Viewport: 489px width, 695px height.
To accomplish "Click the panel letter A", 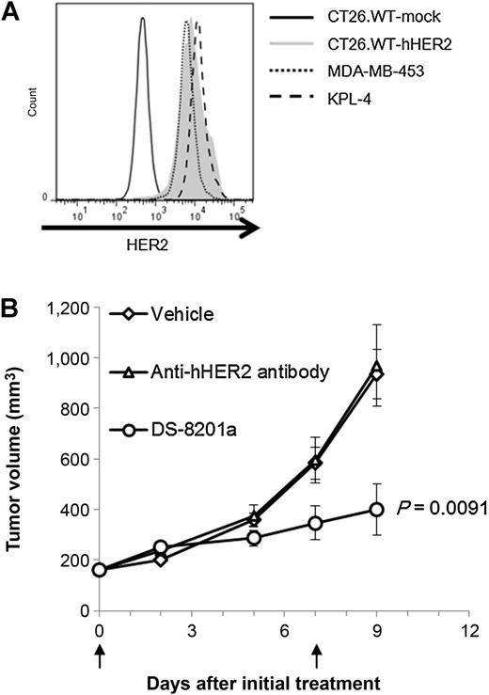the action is coord(10,14).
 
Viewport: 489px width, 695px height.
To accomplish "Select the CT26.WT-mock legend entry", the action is coord(355,17).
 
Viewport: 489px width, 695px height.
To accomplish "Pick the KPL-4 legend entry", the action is coord(320,99).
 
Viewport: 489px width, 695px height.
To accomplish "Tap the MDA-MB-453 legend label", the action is coord(376,71).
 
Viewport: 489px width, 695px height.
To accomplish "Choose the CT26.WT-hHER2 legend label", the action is coord(389,44).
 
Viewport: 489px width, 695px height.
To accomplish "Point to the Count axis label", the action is coord(32,102).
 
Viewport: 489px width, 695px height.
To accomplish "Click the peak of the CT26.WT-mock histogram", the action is coord(142,19).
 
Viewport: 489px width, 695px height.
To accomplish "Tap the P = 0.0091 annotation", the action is coord(442,508).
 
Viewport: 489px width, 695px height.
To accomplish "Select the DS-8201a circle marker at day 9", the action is coord(376,510).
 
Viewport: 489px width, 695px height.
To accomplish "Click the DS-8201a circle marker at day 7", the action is coord(315,523).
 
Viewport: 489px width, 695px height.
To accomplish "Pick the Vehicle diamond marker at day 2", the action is coord(161,560).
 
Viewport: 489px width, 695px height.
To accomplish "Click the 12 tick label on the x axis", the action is coord(469,630).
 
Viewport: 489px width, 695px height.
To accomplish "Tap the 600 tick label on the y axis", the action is coord(77,458).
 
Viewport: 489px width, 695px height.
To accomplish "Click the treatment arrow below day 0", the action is coord(101,656).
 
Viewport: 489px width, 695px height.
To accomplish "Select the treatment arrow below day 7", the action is coord(316,656).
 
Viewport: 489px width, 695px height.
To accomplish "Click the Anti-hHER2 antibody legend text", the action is coord(240,372).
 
